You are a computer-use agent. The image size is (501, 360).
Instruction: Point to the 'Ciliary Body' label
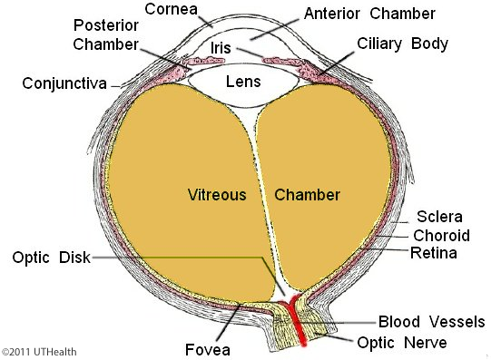pyautogui.click(x=402, y=44)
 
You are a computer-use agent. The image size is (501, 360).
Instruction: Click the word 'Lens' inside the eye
pyautogui.click(x=243, y=82)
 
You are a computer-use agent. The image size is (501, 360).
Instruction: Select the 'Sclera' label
pyautogui.click(x=439, y=217)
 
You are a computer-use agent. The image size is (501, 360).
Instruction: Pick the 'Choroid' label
pyautogui.click(x=441, y=236)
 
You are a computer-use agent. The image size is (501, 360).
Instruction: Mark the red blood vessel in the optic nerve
pyautogui.click(x=297, y=322)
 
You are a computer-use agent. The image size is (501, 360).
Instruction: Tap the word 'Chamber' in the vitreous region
pyautogui.click(x=307, y=195)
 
